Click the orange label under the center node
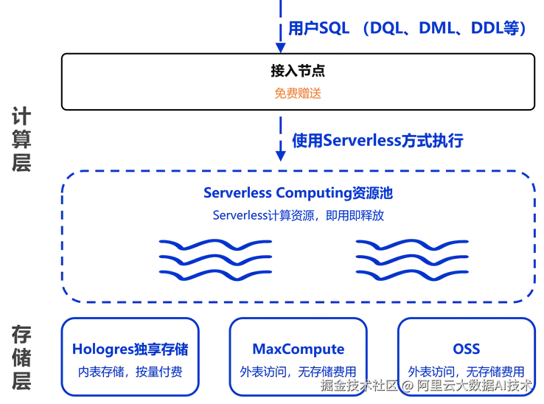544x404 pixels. tap(299, 94)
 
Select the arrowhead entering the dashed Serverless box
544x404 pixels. tap(279, 156)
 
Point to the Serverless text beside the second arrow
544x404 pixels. tap(377, 139)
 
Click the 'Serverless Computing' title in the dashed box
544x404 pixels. tap(298, 194)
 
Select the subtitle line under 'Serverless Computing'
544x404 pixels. tap(298, 215)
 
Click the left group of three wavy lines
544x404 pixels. tap(215, 259)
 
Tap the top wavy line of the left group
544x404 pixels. tap(215, 243)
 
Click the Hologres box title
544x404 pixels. tap(130, 349)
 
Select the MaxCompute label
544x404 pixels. tap(299, 349)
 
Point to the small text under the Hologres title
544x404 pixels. tap(130, 370)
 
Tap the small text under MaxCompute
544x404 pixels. tap(299, 370)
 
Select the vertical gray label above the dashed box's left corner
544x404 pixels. tap(24, 141)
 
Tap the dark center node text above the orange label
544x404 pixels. tap(298, 72)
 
